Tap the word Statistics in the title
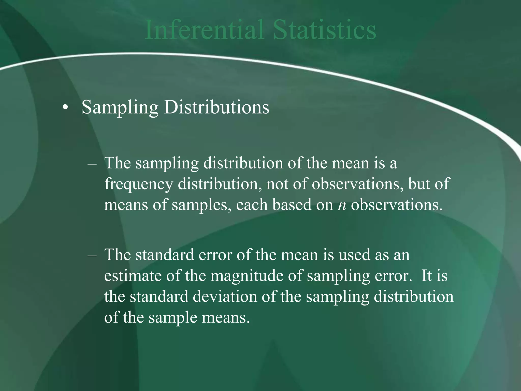325,30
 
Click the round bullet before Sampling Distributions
65,108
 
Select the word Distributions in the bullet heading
216,107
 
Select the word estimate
133,276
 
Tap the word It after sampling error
426,276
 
